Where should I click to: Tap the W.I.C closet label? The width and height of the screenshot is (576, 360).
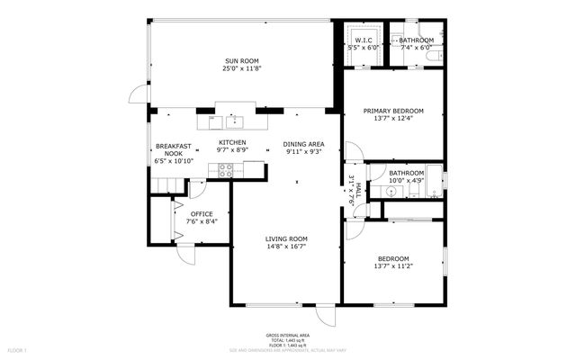point(363,40)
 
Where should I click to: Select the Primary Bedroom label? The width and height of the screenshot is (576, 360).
point(393,111)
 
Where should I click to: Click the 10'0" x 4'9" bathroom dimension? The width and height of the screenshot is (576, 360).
point(406,180)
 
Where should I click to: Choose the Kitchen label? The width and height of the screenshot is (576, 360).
point(232,143)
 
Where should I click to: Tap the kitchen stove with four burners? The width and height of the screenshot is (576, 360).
point(226,168)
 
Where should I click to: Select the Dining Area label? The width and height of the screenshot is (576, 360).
point(304,144)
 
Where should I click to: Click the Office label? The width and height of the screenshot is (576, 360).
point(202,213)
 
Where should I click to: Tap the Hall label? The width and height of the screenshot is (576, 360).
point(357,189)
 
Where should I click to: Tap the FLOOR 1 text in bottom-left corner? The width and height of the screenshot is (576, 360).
point(18,349)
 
